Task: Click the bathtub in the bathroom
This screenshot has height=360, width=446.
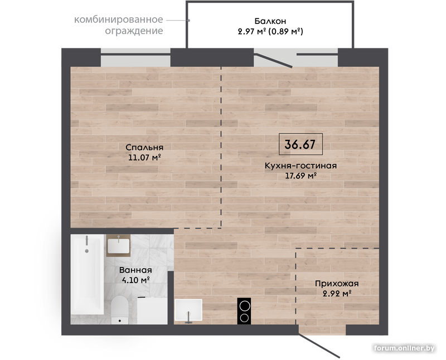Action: click(x=87, y=274)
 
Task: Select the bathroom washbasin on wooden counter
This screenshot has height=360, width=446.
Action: click(x=119, y=246)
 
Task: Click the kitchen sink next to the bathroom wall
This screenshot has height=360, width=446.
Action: click(x=188, y=310)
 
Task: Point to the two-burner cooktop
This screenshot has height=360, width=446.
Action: click(x=244, y=311)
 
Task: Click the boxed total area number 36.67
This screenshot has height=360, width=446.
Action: click(x=300, y=144)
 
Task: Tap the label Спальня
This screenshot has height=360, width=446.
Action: click(x=144, y=147)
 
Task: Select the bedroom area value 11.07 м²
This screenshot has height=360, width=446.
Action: click(x=145, y=157)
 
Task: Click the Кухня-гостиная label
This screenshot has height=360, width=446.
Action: click(x=300, y=166)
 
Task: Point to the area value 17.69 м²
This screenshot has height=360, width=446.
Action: click(x=301, y=176)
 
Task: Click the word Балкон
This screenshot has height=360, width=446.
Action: click(x=270, y=21)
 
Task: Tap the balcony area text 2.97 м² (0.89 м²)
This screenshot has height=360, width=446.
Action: click(x=270, y=31)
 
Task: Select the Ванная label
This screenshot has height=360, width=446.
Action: click(x=135, y=270)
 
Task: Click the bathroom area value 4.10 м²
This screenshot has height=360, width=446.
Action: click(x=135, y=280)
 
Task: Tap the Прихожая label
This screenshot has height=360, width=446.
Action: click(x=337, y=284)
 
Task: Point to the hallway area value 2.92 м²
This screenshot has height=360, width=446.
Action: click(x=337, y=293)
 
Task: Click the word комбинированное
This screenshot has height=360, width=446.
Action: click(x=119, y=20)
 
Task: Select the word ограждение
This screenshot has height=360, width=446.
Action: click(x=134, y=31)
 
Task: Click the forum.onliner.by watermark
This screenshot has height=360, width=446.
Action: click(x=405, y=348)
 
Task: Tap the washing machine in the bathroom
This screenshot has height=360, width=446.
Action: click(x=152, y=310)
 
